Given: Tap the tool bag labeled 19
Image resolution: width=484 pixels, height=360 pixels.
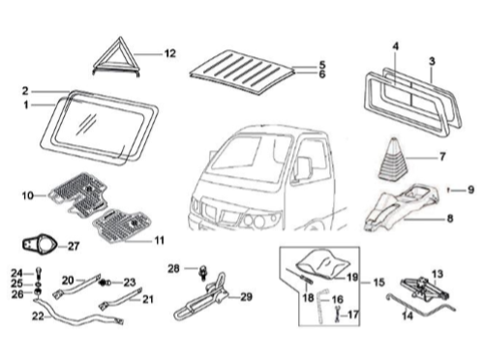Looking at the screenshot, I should pyautogui.click(x=326, y=259).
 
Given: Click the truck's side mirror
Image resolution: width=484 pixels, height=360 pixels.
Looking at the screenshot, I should pyautogui.click(x=302, y=170).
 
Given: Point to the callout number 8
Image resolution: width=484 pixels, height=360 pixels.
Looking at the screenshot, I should pyautogui.click(x=449, y=220).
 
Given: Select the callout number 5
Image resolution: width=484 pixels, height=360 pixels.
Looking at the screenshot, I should pyautogui.click(x=322, y=64).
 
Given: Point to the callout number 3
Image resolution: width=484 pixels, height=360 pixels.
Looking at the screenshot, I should pyautogui.click(x=432, y=61).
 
